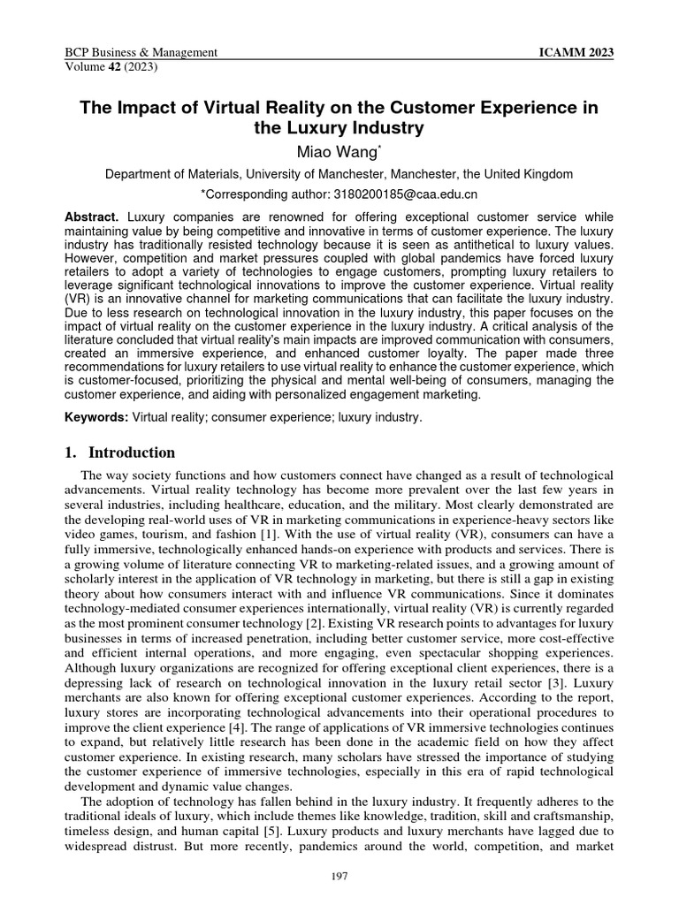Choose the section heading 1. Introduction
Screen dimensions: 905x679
tap(120, 453)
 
